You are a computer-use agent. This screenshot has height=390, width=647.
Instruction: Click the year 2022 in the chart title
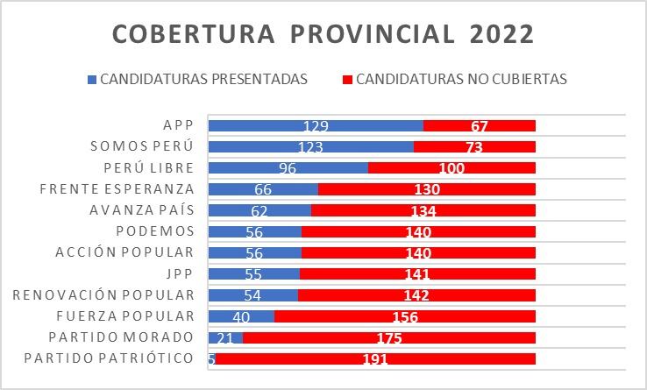coord(500,34)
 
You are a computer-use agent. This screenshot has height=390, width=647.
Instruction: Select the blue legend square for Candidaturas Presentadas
coord(92,79)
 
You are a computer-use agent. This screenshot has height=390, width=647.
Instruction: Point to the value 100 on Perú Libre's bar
coord(451,168)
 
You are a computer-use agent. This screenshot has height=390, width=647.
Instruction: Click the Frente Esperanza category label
coord(117,188)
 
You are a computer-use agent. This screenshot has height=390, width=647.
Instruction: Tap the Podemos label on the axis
coord(155,231)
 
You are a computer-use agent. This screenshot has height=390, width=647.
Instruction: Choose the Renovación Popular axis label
coord(103,294)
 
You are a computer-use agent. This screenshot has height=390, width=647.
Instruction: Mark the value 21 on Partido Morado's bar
coord(225,337)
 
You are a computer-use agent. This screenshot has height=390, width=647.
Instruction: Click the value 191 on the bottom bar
coord(374,359)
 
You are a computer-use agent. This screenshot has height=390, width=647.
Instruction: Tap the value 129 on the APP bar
coord(316,126)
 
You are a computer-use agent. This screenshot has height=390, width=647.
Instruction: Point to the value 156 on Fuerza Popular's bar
coord(404,317)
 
